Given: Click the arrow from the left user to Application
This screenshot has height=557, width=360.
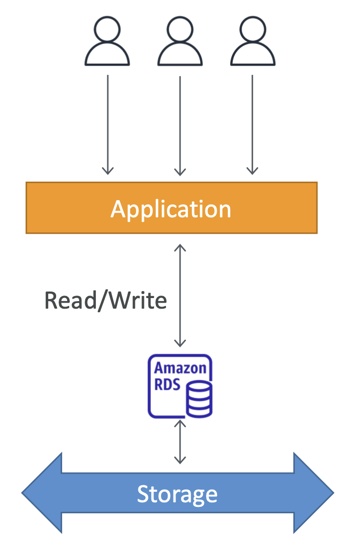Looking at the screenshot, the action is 108,124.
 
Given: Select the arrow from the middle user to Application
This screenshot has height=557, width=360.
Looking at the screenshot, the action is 180,126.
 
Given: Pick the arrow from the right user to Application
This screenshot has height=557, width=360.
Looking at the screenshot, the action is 252,124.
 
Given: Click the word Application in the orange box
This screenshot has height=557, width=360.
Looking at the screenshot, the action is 171,210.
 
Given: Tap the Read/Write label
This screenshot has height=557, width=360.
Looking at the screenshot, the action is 105,301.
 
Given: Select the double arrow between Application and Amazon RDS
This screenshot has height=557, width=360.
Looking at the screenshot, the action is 180,296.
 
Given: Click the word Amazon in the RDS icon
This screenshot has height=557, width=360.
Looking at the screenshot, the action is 180,368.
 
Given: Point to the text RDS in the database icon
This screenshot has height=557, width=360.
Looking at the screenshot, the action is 167,385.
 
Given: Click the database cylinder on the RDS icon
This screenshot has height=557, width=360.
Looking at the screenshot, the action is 199,399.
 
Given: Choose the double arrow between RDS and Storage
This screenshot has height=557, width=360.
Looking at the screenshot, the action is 180,442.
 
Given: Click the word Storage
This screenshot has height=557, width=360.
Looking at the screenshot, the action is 177,494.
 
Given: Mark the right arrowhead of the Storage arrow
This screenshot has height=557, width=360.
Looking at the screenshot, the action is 314,493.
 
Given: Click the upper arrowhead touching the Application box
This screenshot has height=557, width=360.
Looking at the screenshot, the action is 180,247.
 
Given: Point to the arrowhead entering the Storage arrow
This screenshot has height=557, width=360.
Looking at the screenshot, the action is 180,460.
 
